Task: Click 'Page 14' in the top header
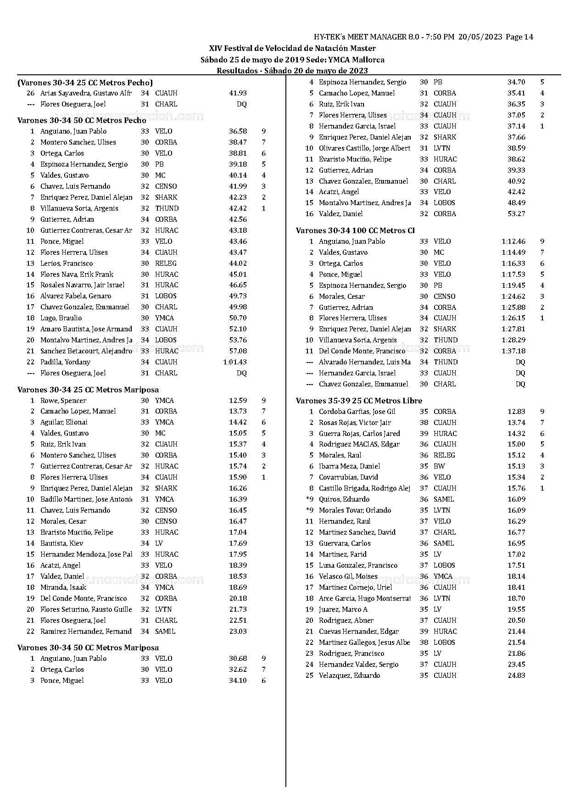[519, 37]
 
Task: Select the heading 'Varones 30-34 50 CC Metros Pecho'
[82, 120]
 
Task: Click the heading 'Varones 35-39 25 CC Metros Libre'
[359, 401]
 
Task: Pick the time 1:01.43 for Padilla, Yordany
[235, 362]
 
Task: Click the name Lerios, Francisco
[67, 263]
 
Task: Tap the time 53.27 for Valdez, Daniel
[516, 214]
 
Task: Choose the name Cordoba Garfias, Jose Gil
[357, 412]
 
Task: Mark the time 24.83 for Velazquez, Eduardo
[516, 676]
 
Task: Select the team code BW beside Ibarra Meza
[439, 466]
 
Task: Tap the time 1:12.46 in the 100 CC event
[513, 241]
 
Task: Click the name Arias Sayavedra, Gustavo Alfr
[86, 93]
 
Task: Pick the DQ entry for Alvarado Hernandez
[520, 362]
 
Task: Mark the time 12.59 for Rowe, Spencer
[238, 401]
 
